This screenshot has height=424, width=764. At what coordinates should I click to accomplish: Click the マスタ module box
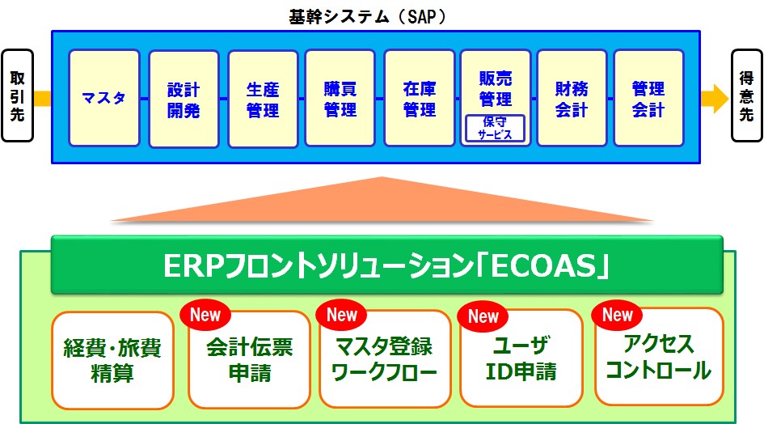click(x=104, y=98)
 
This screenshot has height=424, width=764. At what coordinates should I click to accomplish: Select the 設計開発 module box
click(x=184, y=99)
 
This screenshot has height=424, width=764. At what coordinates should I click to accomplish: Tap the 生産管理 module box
click(x=263, y=99)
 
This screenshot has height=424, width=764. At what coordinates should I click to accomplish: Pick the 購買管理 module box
click(x=340, y=98)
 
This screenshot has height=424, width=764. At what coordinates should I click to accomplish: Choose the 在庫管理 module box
click(x=419, y=98)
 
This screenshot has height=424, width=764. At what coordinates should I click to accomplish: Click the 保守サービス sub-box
click(x=495, y=129)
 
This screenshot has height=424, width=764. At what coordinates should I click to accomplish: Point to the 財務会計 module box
click(x=572, y=98)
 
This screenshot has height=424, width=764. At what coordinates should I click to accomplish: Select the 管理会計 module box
click(x=648, y=98)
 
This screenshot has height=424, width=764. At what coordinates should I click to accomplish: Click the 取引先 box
click(x=18, y=95)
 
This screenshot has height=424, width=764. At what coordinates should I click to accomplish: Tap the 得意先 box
click(x=747, y=95)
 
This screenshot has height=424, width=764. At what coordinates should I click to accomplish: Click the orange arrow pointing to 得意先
click(x=715, y=99)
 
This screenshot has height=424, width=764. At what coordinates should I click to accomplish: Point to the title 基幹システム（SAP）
click(x=368, y=17)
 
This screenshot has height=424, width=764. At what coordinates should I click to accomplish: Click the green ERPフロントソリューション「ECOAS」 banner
click(x=387, y=265)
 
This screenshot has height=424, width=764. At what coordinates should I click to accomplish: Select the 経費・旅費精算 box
click(x=112, y=360)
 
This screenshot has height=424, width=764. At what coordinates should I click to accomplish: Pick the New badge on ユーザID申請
click(x=483, y=316)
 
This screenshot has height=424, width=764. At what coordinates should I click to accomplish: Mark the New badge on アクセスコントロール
click(x=617, y=315)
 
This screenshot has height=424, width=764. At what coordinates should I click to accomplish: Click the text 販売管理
click(x=495, y=89)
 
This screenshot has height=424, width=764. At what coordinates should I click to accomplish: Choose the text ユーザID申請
click(x=521, y=359)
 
